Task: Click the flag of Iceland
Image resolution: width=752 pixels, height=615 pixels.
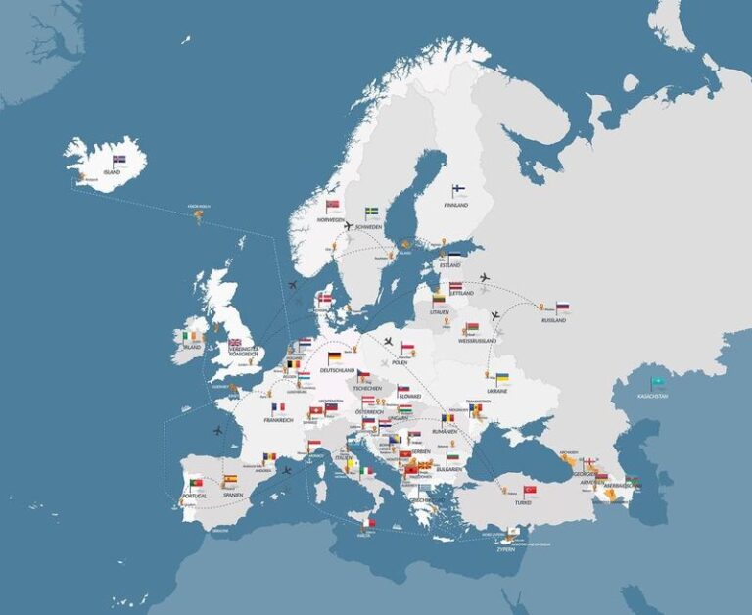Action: (119, 159)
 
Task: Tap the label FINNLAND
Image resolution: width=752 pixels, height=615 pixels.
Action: (455, 205)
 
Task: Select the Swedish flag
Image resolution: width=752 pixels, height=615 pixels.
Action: (373, 212)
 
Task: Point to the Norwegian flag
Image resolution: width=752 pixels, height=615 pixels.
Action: (334, 206)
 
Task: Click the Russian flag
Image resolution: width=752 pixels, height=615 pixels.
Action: (562, 307)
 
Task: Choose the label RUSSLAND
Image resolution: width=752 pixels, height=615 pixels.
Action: (554, 320)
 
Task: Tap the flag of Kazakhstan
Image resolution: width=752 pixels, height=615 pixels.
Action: (659, 382)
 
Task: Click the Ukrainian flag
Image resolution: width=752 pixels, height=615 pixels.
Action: (502, 378)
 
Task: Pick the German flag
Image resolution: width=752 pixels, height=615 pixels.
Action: (335, 357)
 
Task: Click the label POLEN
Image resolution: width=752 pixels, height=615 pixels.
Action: (399, 362)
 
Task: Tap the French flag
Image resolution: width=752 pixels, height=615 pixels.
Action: (279, 407)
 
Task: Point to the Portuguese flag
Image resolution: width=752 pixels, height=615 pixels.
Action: (196, 483)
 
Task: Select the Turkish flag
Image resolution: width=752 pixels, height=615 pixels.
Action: (530, 490)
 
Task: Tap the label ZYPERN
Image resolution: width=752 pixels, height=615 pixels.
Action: (505, 549)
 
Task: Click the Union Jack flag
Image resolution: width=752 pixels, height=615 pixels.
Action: (235, 344)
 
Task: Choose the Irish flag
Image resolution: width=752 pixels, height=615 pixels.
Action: (188, 335)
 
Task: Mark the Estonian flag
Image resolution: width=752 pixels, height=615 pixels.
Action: (453, 256)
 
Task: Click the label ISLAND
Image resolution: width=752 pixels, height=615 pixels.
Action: (112, 171)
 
